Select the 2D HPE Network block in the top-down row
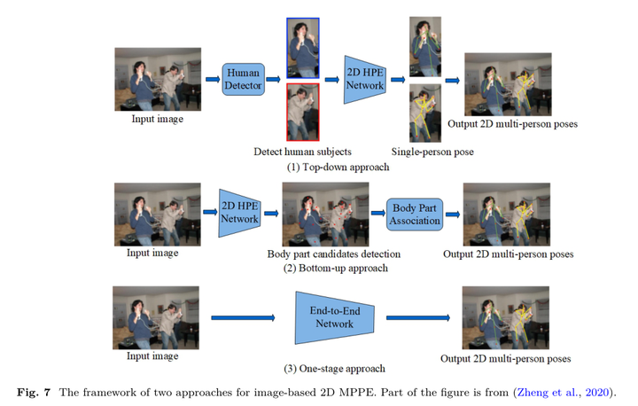coord(365,79)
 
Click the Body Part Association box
coord(416,214)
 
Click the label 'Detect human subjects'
coord(302,152)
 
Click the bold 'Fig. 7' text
coord(39,392)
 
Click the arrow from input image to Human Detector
coord(213,79)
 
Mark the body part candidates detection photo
coord(324,214)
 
